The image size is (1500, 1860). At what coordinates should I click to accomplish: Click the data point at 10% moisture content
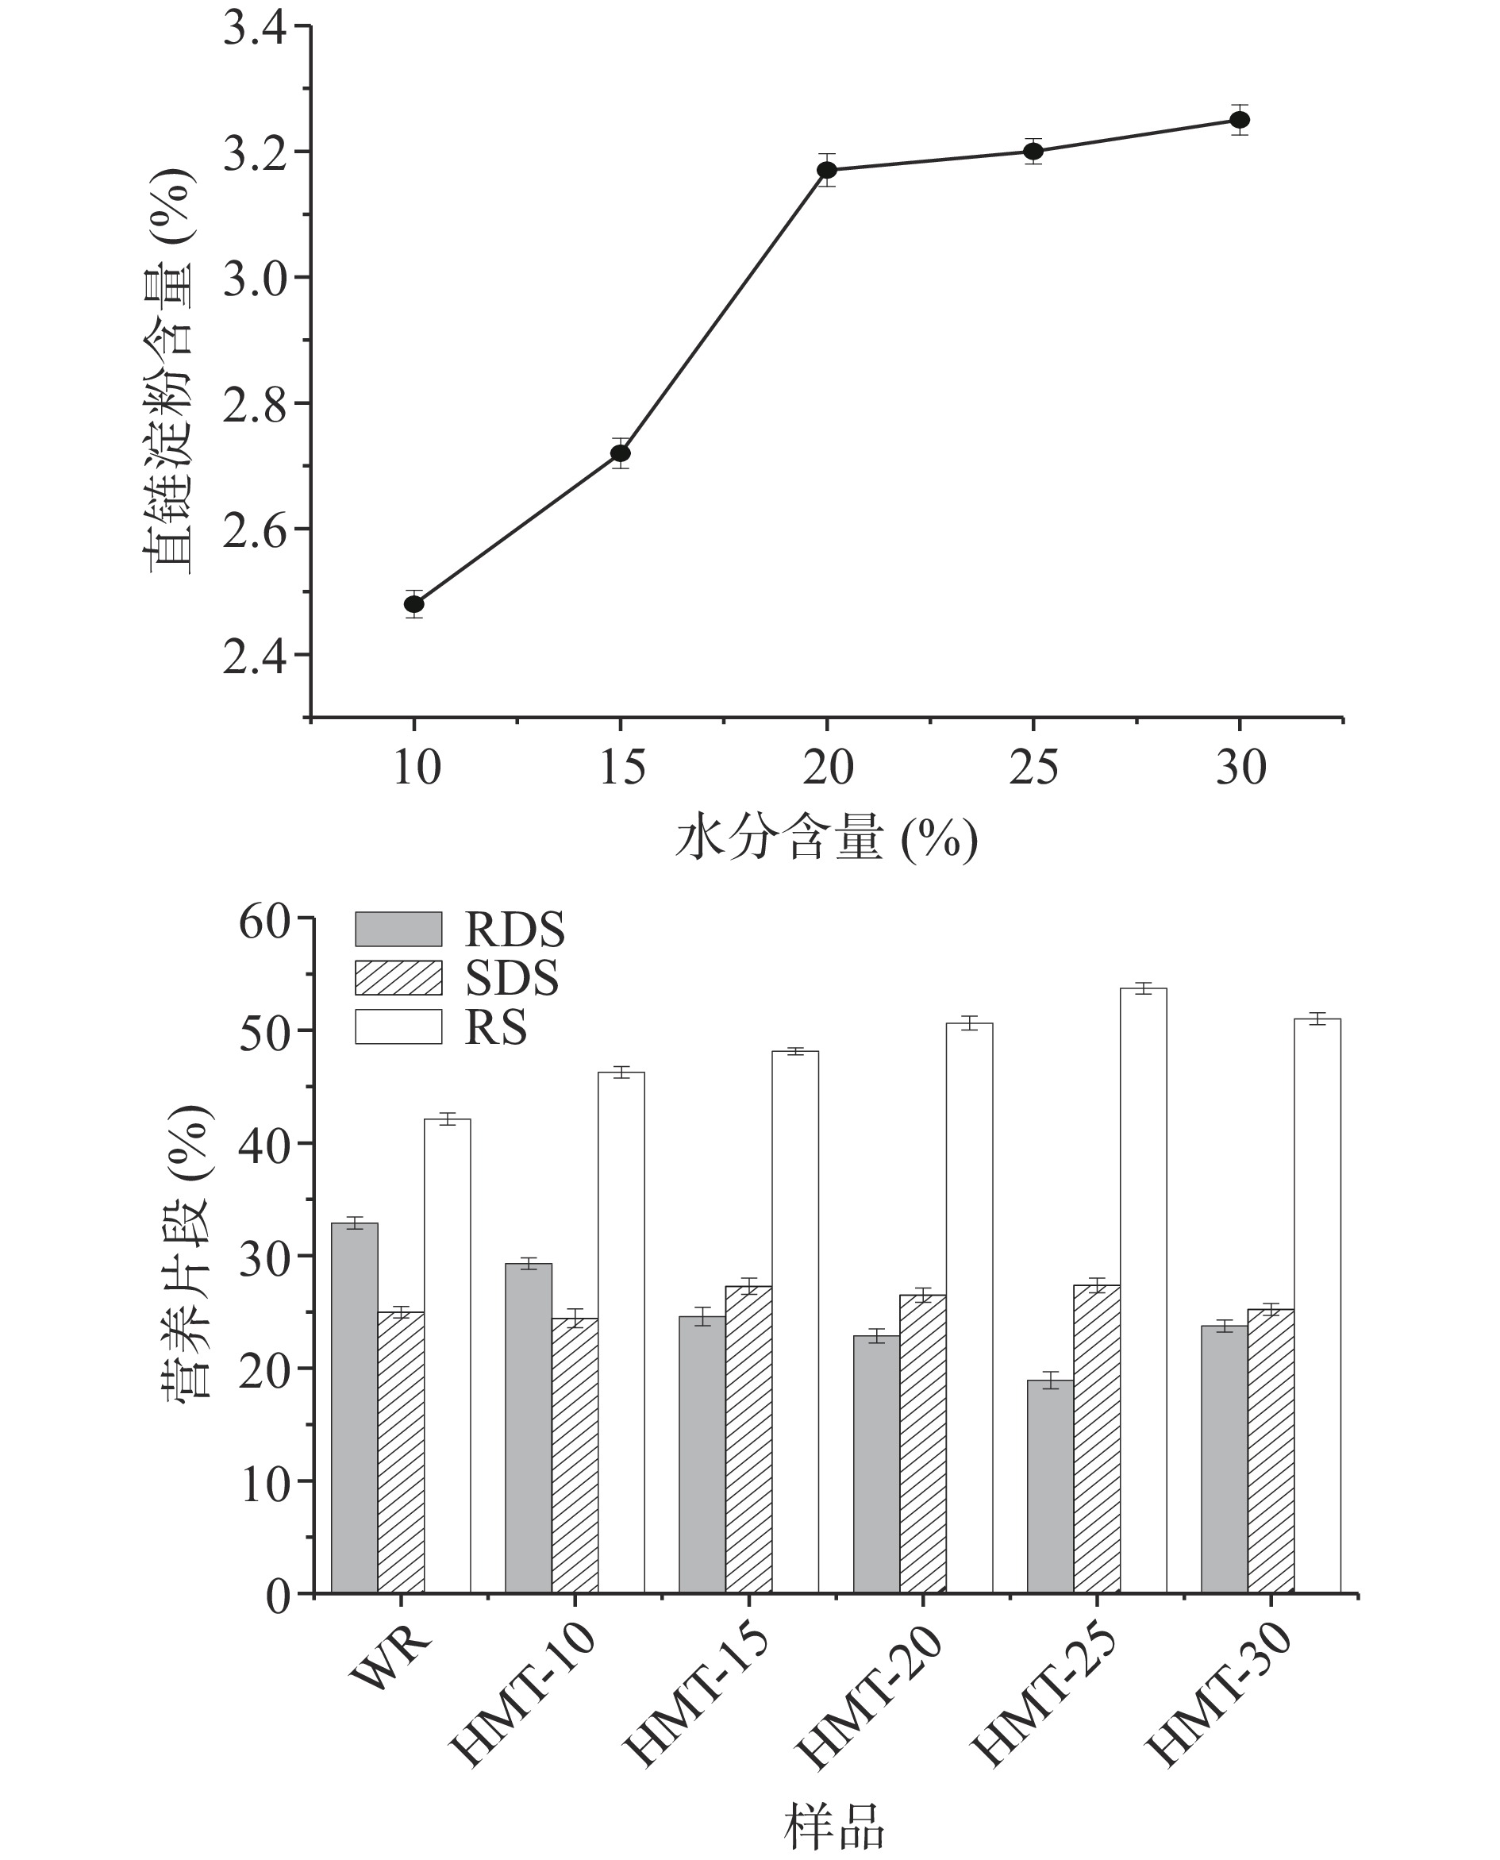(x=413, y=603)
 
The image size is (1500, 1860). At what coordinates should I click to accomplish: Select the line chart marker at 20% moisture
(x=827, y=169)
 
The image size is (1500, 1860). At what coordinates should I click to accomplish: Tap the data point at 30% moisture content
(x=1240, y=119)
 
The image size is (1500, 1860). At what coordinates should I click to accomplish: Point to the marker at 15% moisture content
(x=621, y=453)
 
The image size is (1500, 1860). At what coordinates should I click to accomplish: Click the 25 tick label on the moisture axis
(x=1033, y=767)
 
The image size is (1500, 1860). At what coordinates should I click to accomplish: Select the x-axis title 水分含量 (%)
(x=826, y=838)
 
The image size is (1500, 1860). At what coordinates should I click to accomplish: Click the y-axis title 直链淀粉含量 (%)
(x=169, y=372)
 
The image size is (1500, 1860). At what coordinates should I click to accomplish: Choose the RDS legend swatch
(x=398, y=929)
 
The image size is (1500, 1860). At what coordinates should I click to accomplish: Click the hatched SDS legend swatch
(x=398, y=977)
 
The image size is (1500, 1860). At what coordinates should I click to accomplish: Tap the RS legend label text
(x=496, y=1028)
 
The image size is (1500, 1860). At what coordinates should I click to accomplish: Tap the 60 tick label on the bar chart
(x=264, y=923)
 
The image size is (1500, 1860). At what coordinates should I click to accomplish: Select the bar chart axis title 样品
(x=834, y=1825)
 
